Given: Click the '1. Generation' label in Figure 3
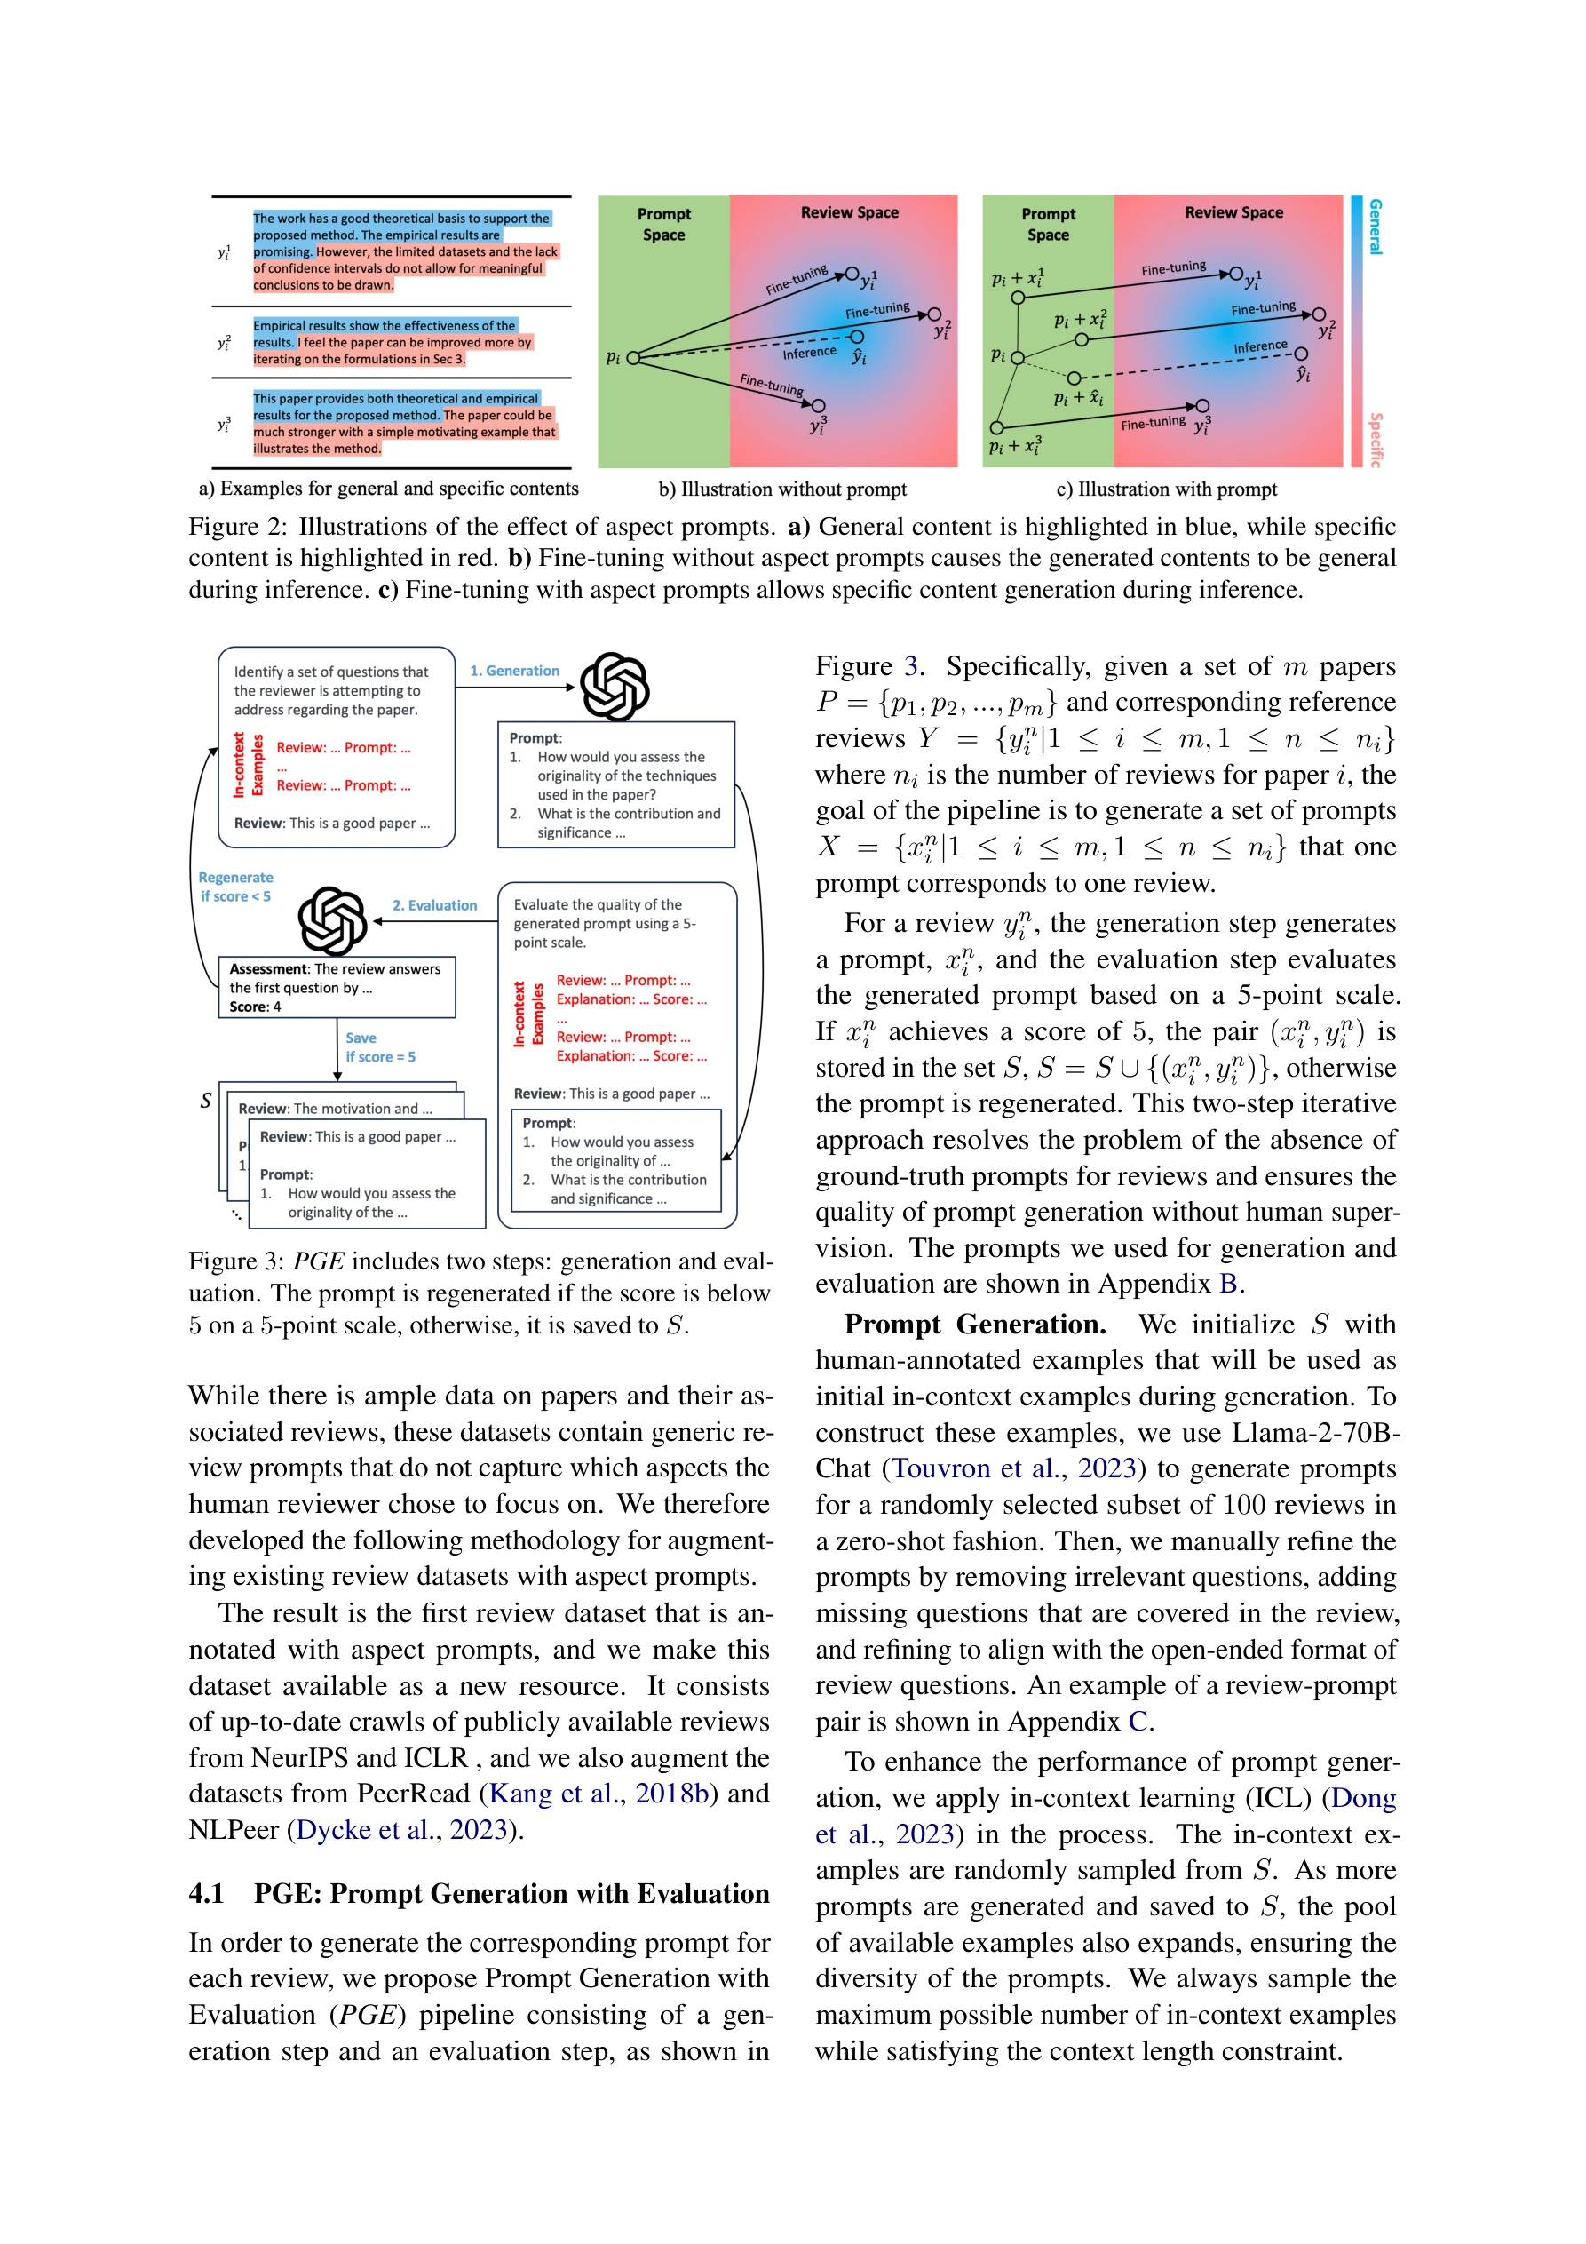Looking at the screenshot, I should tap(514, 671).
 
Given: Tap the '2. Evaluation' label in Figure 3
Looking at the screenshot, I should tap(435, 905).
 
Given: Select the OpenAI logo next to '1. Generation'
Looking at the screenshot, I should tap(615, 686).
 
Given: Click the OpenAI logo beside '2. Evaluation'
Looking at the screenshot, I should tap(332, 919).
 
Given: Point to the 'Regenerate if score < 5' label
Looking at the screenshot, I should tap(235, 887).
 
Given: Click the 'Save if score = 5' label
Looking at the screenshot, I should tap(379, 1046).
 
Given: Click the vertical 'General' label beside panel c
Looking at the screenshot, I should tap(1375, 227).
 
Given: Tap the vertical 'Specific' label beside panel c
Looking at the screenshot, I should tap(1375, 439).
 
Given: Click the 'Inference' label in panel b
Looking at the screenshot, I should tap(808, 353).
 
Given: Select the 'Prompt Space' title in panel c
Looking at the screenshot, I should tap(1048, 224).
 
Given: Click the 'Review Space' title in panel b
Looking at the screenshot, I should tap(849, 212).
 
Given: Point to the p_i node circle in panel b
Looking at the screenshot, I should tap(633, 358).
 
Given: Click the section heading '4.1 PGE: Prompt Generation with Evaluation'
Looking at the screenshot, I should tap(479, 1893).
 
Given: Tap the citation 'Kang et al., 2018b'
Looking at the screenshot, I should tap(598, 1793).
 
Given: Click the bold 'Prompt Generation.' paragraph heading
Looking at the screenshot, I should tap(974, 1324).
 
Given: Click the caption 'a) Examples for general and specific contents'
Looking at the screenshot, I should tap(388, 489).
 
